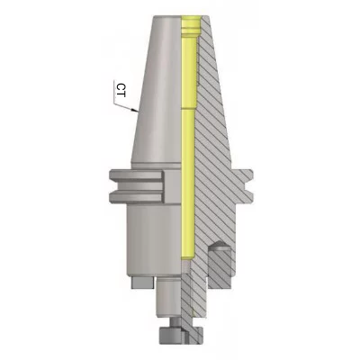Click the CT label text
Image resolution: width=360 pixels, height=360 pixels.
[121, 90]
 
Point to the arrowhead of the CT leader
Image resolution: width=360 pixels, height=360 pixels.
[135, 110]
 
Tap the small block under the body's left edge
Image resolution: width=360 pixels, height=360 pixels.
[142, 282]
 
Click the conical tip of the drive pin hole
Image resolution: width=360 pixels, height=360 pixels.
[220, 243]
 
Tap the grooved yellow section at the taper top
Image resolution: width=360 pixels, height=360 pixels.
[192, 28]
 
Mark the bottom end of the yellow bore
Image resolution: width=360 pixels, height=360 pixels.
[188, 258]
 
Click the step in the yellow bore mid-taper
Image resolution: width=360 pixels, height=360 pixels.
[189, 109]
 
